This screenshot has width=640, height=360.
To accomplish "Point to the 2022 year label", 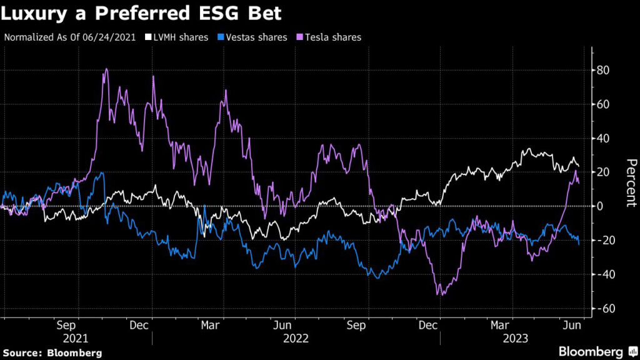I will click(295, 338).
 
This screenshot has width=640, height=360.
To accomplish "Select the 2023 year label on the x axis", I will click(513, 338).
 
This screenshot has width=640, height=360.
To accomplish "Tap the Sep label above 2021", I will click(67, 326).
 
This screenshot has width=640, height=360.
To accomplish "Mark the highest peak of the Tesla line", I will click(106, 69).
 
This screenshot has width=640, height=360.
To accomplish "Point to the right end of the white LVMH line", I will click(579, 166).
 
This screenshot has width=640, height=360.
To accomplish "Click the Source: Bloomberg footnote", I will click(52, 352).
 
